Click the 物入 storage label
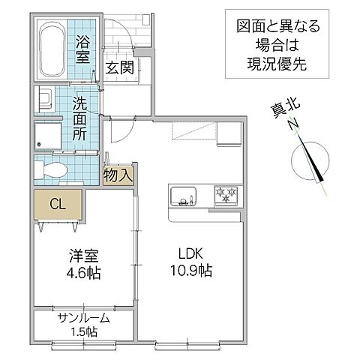pyautogui.click(x=118, y=175)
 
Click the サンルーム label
pyautogui.click(x=85, y=318)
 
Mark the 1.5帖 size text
pyautogui.click(x=85, y=331)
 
